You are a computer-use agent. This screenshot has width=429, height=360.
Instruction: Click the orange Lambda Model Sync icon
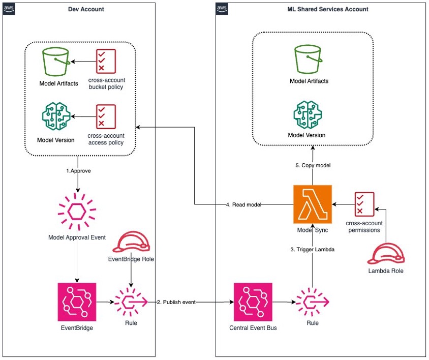[313, 204]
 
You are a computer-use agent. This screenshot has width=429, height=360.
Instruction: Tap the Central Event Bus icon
[253, 302]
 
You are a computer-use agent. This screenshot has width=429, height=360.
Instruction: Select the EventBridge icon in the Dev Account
[77, 302]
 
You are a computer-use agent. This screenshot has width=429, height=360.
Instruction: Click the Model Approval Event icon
[77, 212]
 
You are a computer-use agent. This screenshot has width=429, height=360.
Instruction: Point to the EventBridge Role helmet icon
[131, 242]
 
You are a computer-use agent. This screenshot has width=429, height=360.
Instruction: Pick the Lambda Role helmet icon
[386, 254]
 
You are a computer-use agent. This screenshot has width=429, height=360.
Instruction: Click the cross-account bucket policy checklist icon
[106, 62]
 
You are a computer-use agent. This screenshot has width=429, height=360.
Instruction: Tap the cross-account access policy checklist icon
[106, 116]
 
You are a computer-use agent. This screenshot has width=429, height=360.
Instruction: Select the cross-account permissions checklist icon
[364, 204]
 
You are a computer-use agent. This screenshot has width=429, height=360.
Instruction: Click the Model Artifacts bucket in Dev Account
[56, 62]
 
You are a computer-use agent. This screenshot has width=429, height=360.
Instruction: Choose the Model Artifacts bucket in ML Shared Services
[308, 59]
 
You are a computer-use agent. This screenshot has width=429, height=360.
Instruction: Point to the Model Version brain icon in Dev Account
[56, 116]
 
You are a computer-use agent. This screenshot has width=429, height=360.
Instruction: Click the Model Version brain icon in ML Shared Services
[308, 114]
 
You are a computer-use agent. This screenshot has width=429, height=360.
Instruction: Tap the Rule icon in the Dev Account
[131, 302]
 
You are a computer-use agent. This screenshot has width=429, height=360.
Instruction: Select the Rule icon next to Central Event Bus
[313, 302]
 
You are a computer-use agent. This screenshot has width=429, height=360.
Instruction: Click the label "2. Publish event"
[176, 302]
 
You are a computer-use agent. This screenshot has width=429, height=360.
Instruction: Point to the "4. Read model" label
[243, 204]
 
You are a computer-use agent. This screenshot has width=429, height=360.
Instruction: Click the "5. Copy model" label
[313, 165]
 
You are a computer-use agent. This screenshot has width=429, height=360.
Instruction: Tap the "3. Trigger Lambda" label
[312, 249]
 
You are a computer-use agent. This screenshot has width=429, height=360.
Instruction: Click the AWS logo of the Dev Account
[9, 9]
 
